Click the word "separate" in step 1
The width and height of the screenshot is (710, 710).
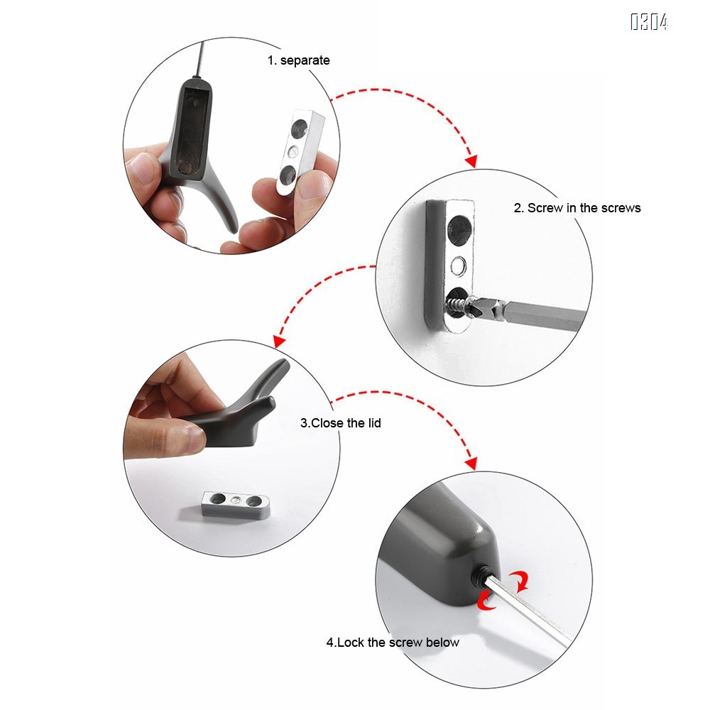click(x=305, y=60)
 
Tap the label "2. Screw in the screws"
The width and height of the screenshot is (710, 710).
click(x=577, y=208)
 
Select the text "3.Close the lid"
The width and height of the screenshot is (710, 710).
click(x=341, y=423)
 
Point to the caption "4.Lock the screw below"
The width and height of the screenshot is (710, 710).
click(x=393, y=642)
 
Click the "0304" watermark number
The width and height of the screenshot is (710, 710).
click(x=649, y=22)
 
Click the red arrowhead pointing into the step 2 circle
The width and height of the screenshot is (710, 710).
click(x=471, y=160)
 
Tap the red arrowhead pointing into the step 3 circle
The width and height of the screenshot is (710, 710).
click(x=279, y=342)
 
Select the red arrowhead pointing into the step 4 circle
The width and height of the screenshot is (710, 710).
click(x=471, y=463)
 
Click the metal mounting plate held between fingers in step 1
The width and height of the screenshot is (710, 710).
click(x=299, y=152)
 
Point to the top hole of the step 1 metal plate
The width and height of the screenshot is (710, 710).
click(x=300, y=128)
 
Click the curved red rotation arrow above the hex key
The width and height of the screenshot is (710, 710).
click(x=520, y=581)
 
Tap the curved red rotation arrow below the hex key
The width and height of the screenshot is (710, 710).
click(x=487, y=600)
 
